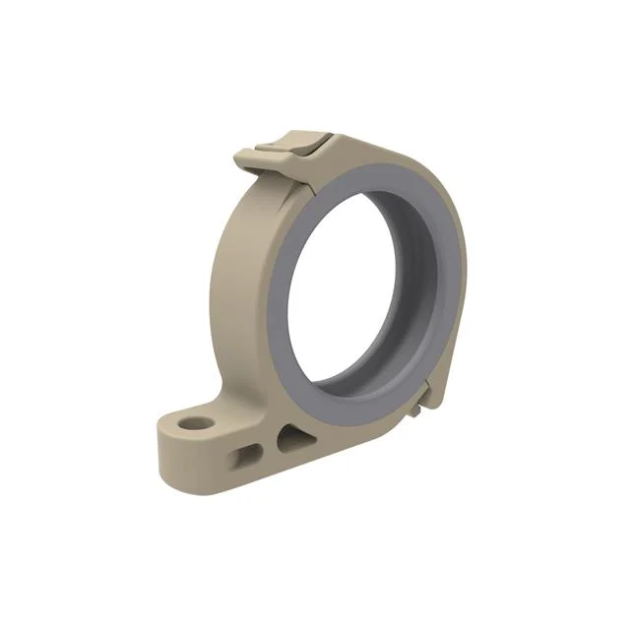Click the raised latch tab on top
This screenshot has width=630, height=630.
[x=291, y=143]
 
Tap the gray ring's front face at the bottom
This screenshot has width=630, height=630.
[x=345, y=409]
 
